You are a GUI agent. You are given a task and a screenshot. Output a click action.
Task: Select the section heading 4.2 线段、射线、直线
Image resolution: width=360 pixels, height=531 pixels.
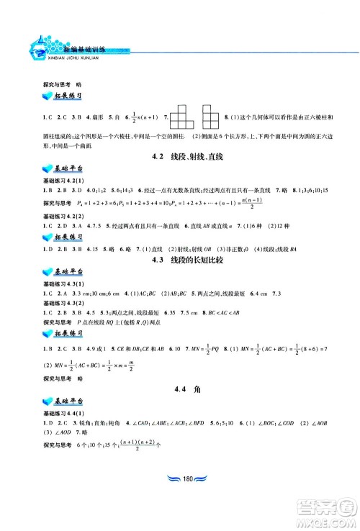click(x=179, y=156)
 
